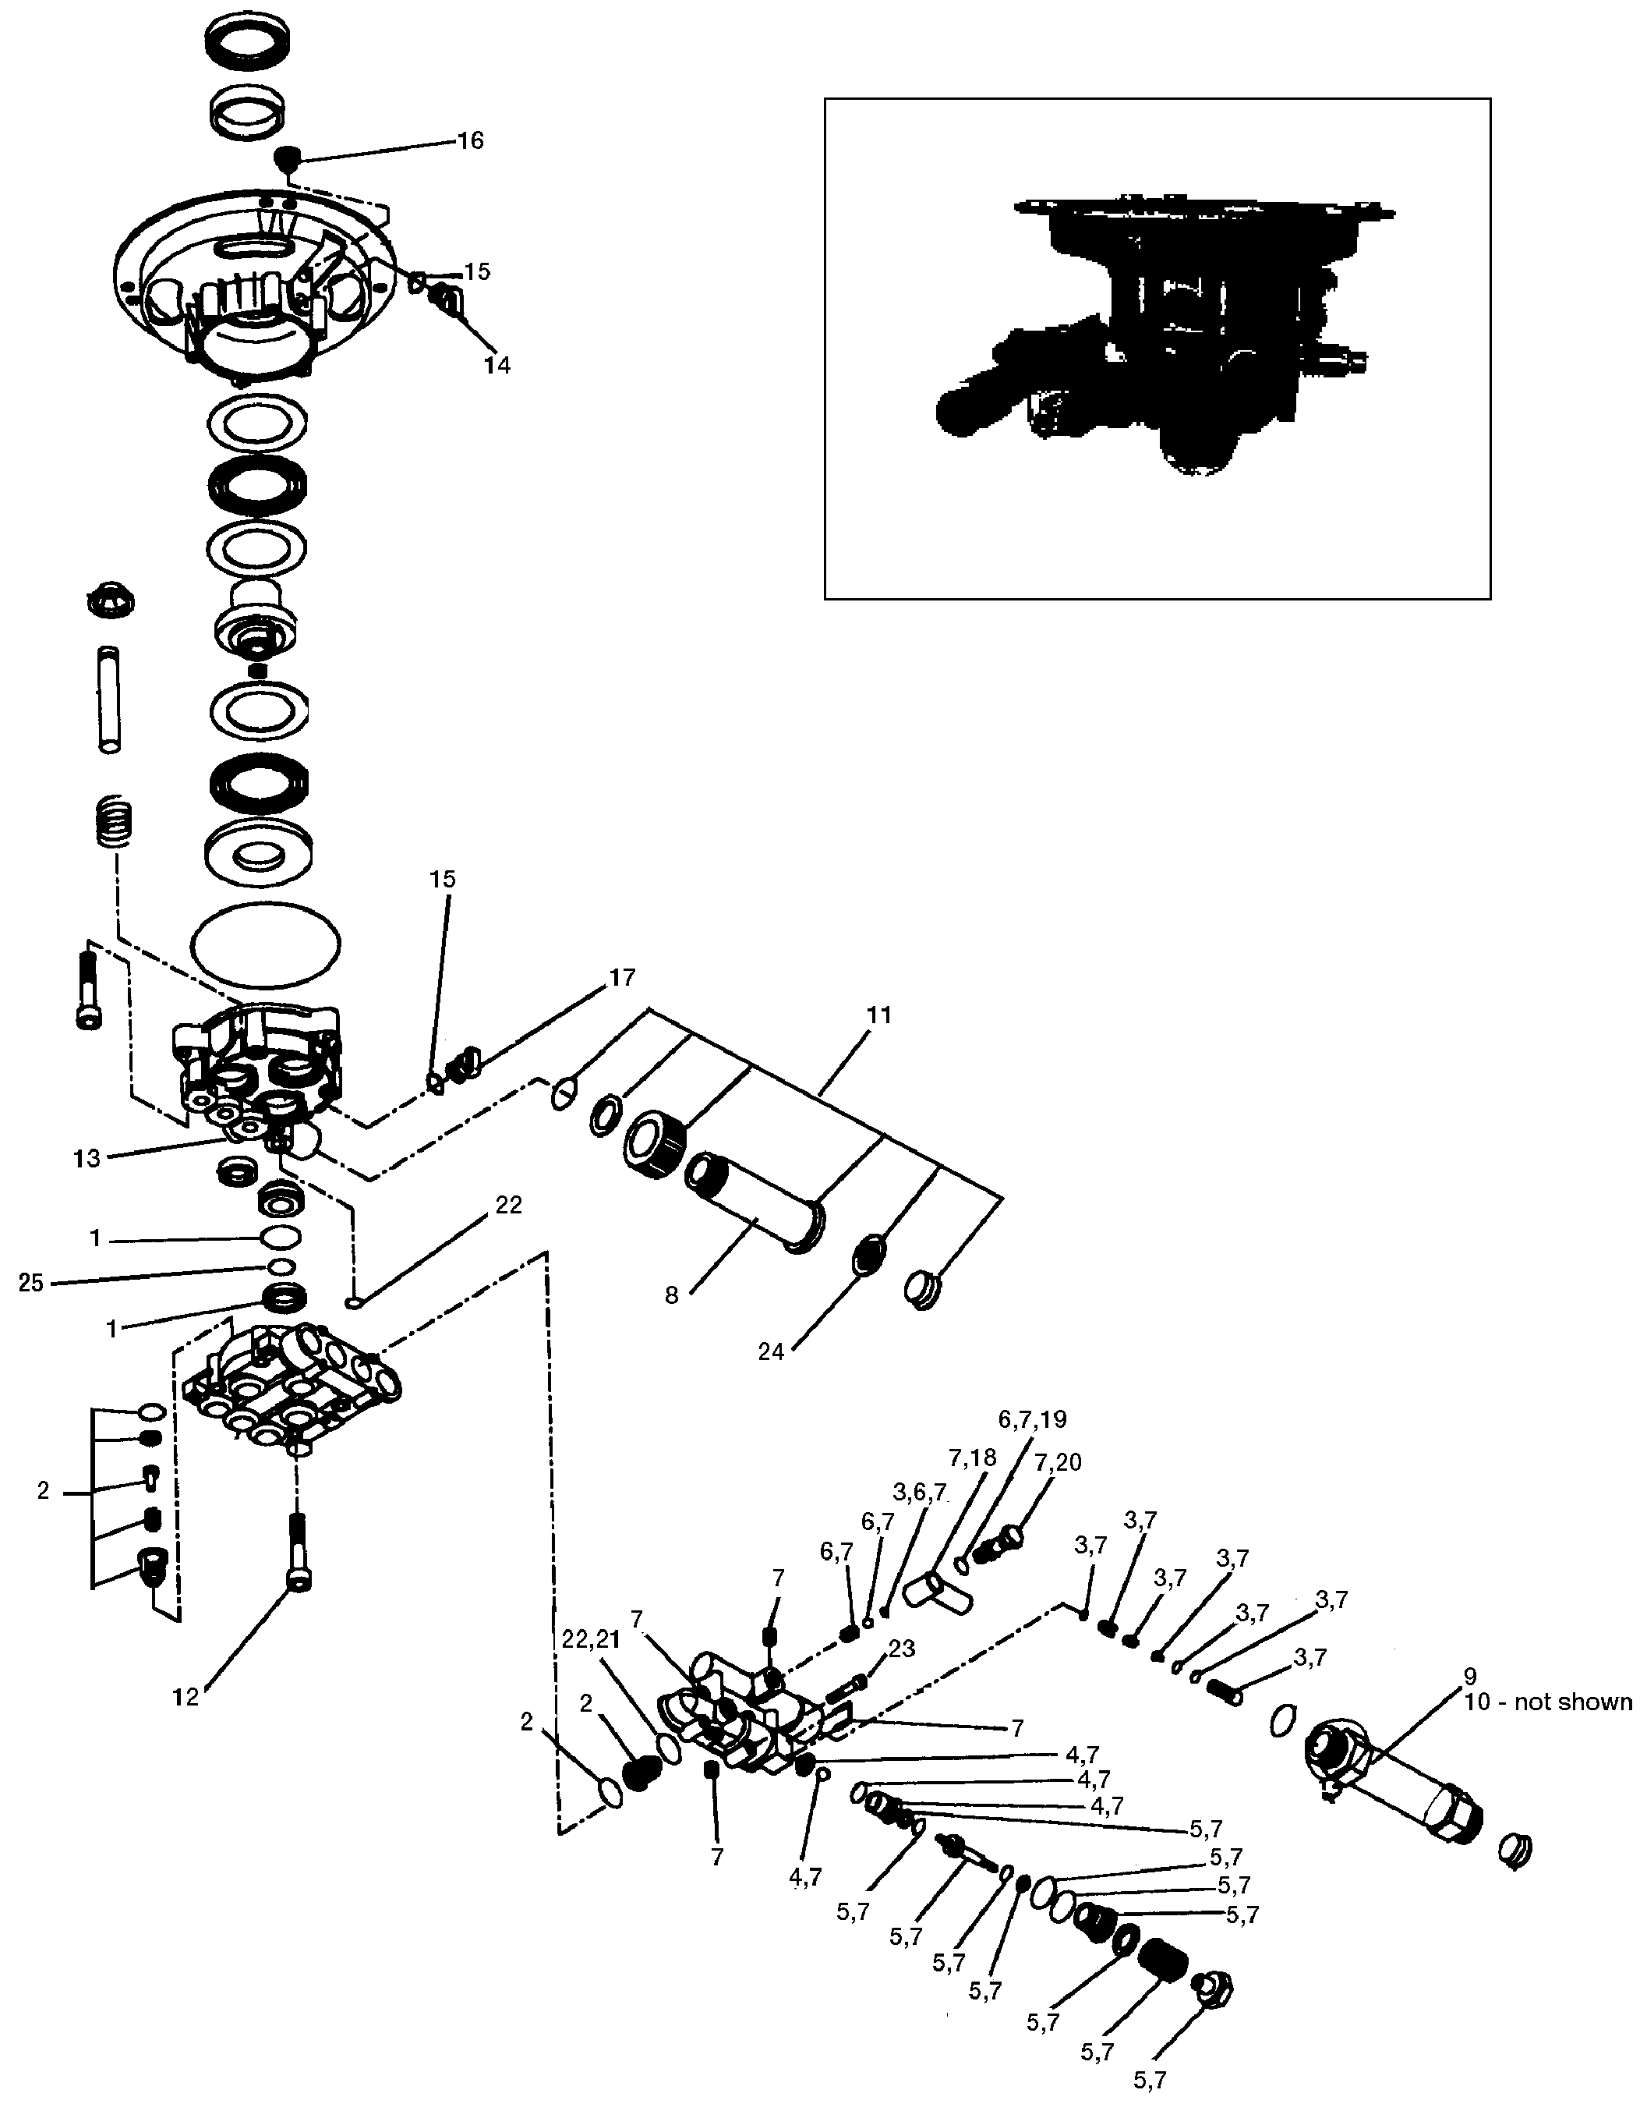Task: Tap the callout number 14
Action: pyautogui.click(x=497, y=365)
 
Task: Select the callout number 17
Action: pyautogui.click(x=623, y=977)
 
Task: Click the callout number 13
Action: pyautogui.click(x=87, y=1159)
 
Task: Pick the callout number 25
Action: pyautogui.click(x=32, y=1282)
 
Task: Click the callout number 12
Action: pyautogui.click(x=186, y=1697)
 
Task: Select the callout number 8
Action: pyautogui.click(x=672, y=1295)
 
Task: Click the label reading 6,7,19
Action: pyautogui.click(x=1033, y=1419)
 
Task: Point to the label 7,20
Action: pyautogui.click(x=1058, y=1462)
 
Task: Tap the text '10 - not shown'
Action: pyautogui.click(x=1549, y=1702)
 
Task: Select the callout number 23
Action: pyautogui.click(x=902, y=1648)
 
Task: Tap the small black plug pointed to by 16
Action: pyautogui.click(x=286, y=155)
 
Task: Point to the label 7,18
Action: pyautogui.click(x=972, y=1457)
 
